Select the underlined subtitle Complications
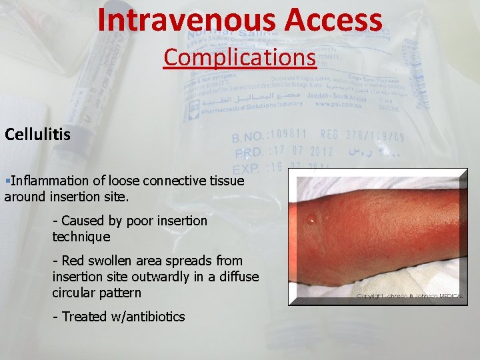click(239, 57)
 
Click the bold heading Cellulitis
click(37, 135)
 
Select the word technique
click(81, 237)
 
